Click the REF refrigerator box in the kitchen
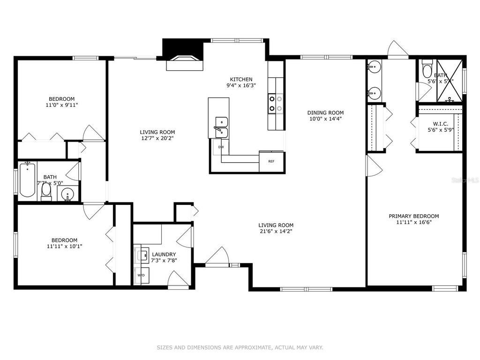click(x=271, y=161)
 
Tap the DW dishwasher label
click(x=221, y=147)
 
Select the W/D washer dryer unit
click(x=140, y=276)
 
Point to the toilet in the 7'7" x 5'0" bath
click(x=46, y=191)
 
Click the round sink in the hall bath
click(x=68, y=194)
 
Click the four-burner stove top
click(x=276, y=104)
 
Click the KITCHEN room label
click(x=241, y=79)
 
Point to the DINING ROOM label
click(x=325, y=112)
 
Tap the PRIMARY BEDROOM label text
click(x=413, y=216)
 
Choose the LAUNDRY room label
click(x=164, y=255)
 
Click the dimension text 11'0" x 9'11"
click(x=62, y=105)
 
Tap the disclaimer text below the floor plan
click(x=240, y=347)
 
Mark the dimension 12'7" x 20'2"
click(x=157, y=139)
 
